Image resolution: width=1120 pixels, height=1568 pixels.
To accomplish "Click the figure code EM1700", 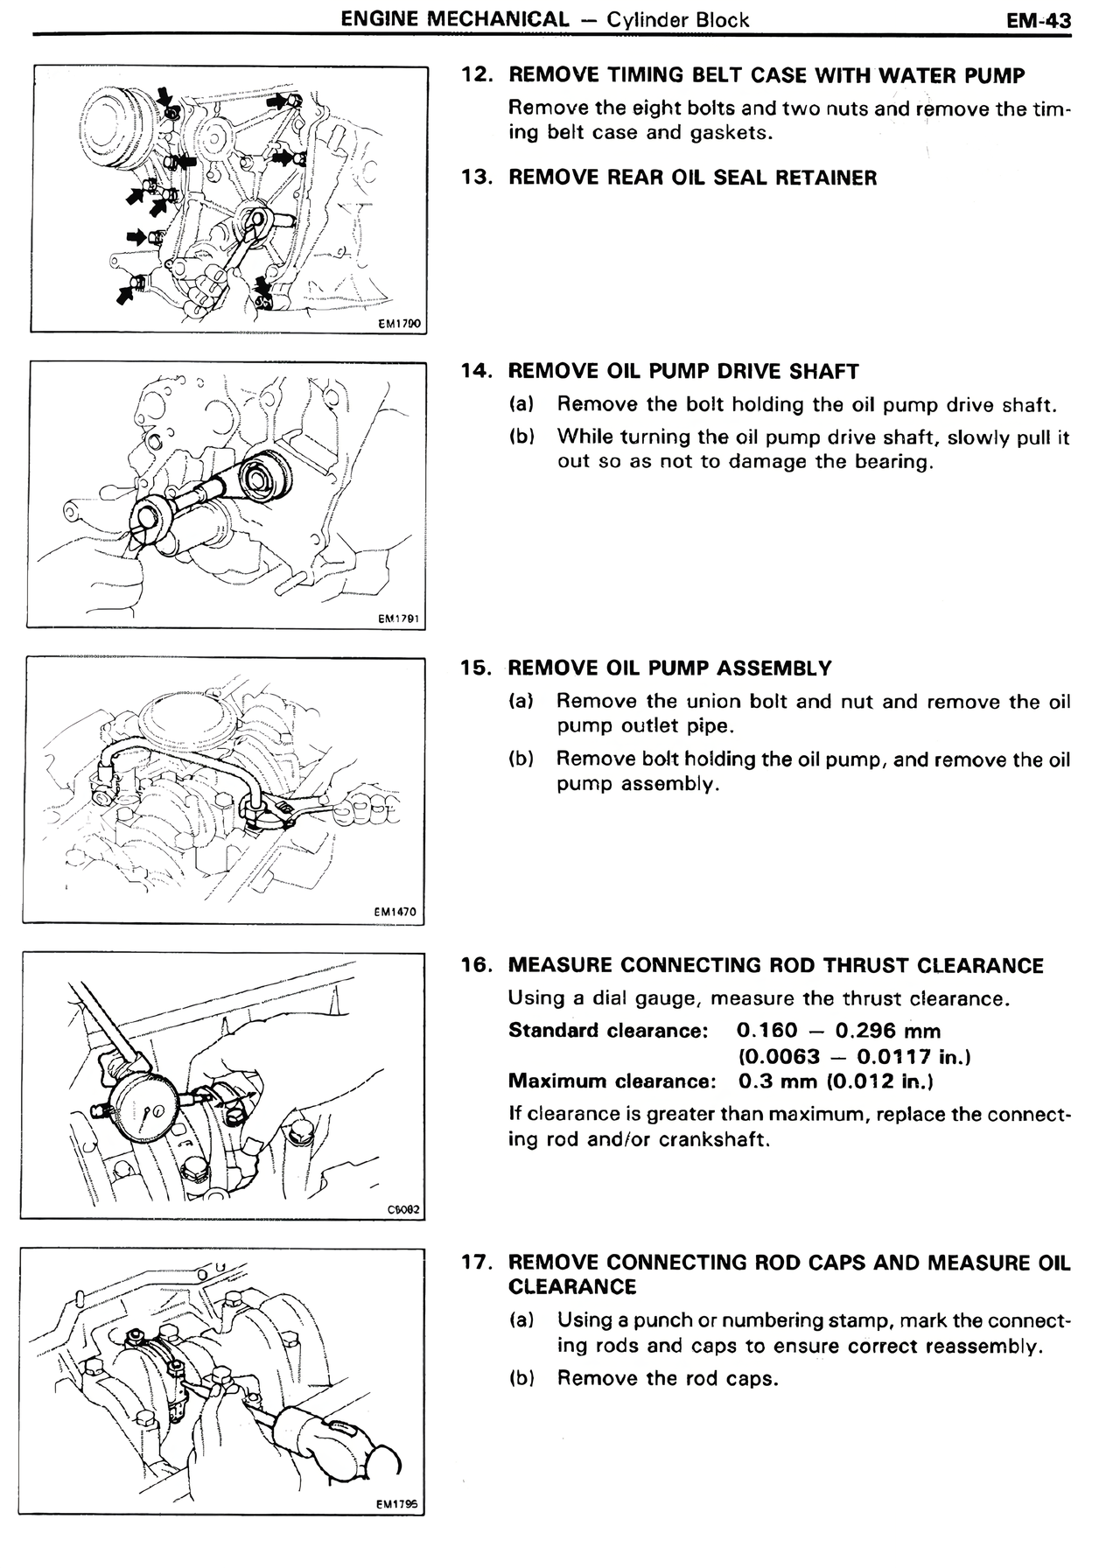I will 399,324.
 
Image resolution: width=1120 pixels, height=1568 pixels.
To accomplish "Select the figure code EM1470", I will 395,912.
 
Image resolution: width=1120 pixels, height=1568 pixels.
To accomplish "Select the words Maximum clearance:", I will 612,1081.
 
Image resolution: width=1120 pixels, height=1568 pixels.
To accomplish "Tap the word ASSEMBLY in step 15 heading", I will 774,668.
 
